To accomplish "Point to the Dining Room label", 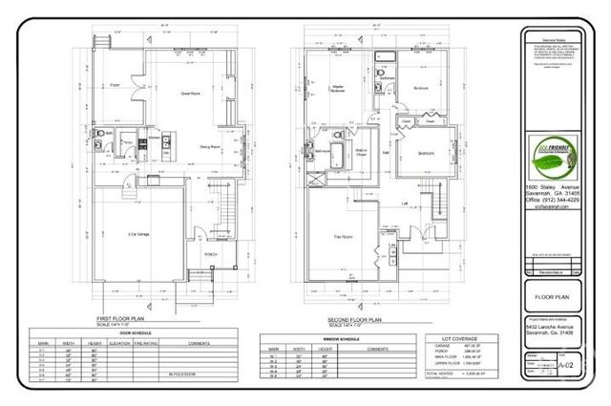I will (x=209, y=146).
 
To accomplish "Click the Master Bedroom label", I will (x=336, y=91).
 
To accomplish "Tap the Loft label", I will (x=405, y=204).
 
